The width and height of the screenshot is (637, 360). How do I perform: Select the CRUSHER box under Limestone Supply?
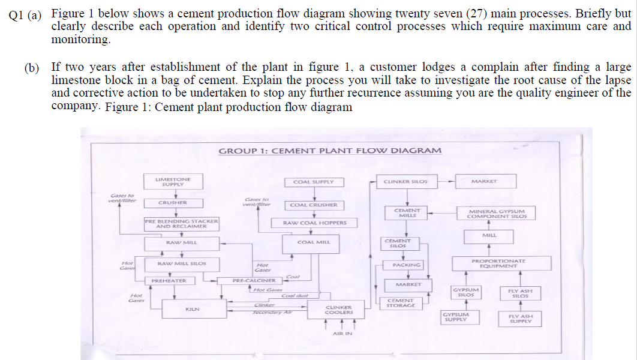coord(173,203)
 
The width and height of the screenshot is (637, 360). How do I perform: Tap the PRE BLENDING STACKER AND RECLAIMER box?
coord(181,224)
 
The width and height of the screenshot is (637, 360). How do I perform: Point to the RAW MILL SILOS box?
coord(181,263)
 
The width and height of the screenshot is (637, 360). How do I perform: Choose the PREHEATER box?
coord(169,280)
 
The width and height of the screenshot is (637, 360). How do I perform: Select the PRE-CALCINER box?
coord(254,280)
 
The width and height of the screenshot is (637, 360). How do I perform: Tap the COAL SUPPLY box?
coord(310,181)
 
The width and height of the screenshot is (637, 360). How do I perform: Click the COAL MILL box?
coord(310,243)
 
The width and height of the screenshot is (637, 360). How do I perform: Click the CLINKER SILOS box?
coord(405,181)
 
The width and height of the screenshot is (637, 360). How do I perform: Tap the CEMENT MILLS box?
coord(406,213)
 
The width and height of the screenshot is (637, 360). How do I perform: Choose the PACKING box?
coord(406,265)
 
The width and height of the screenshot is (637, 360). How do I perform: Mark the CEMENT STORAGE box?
coord(401,303)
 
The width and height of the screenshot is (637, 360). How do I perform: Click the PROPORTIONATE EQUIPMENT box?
coord(498,263)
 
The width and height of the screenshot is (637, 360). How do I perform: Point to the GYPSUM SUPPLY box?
coord(456,317)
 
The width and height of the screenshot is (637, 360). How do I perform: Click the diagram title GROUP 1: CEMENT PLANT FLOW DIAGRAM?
coord(329,151)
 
